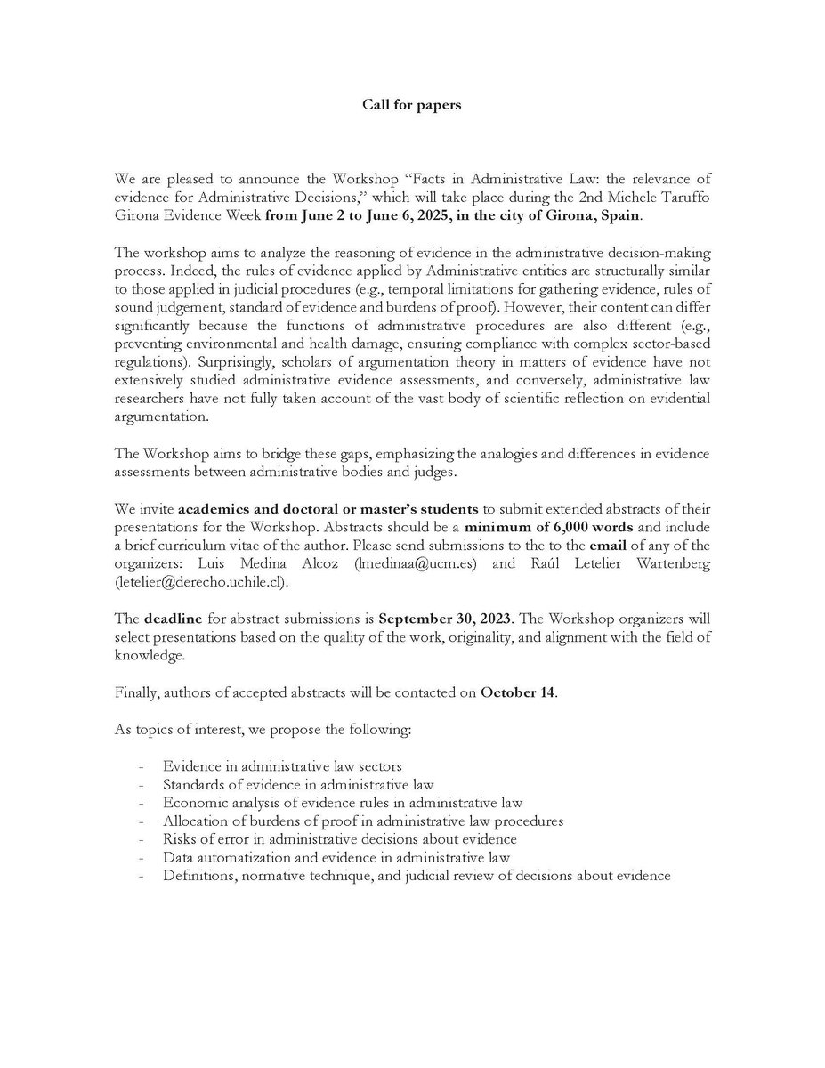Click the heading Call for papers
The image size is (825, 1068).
click(411, 104)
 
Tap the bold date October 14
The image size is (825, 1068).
click(518, 692)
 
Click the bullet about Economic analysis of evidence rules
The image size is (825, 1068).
click(343, 802)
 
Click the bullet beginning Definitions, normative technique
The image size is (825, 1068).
click(416, 876)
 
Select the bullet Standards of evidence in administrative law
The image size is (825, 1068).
click(298, 784)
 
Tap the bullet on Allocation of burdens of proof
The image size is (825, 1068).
click(363, 821)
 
